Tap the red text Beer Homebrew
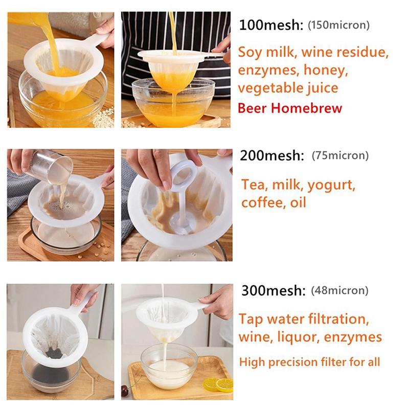coord(290,108)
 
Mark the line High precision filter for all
coord(309,362)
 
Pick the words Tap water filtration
coord(303,319)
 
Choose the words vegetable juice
coord(288,87)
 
